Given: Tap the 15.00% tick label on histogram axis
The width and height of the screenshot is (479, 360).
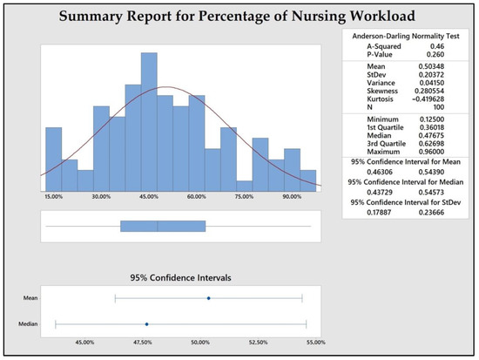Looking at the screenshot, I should pyautogui.click(x=53, y=198).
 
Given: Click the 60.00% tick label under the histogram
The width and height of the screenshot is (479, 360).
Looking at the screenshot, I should pyautogui.click(x=196, y=198).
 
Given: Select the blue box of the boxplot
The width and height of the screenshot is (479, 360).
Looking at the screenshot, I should pyautogui.click(x=163, y=227).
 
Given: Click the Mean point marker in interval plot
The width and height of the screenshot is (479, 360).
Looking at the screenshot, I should pyautogui.click(x=208, y=298).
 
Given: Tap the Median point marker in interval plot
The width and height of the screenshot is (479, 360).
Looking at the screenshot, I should pyautogui.click(x=146, y=324).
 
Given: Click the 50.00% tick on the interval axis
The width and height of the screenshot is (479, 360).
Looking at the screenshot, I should pyautogui.click(x=200, y=343).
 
